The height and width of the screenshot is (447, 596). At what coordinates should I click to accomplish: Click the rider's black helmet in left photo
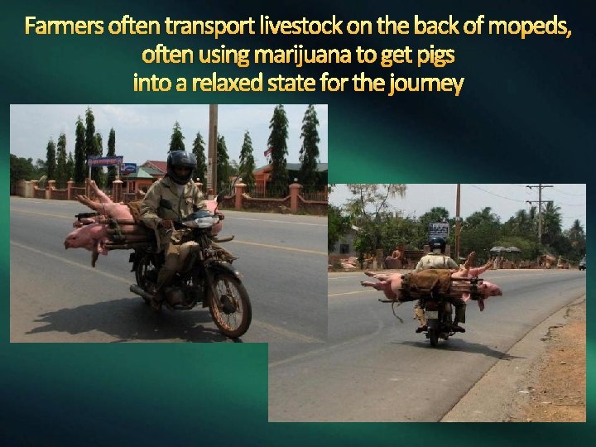181,166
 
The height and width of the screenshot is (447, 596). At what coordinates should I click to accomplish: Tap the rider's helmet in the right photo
436,244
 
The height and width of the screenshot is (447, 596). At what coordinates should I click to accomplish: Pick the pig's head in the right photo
490,289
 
